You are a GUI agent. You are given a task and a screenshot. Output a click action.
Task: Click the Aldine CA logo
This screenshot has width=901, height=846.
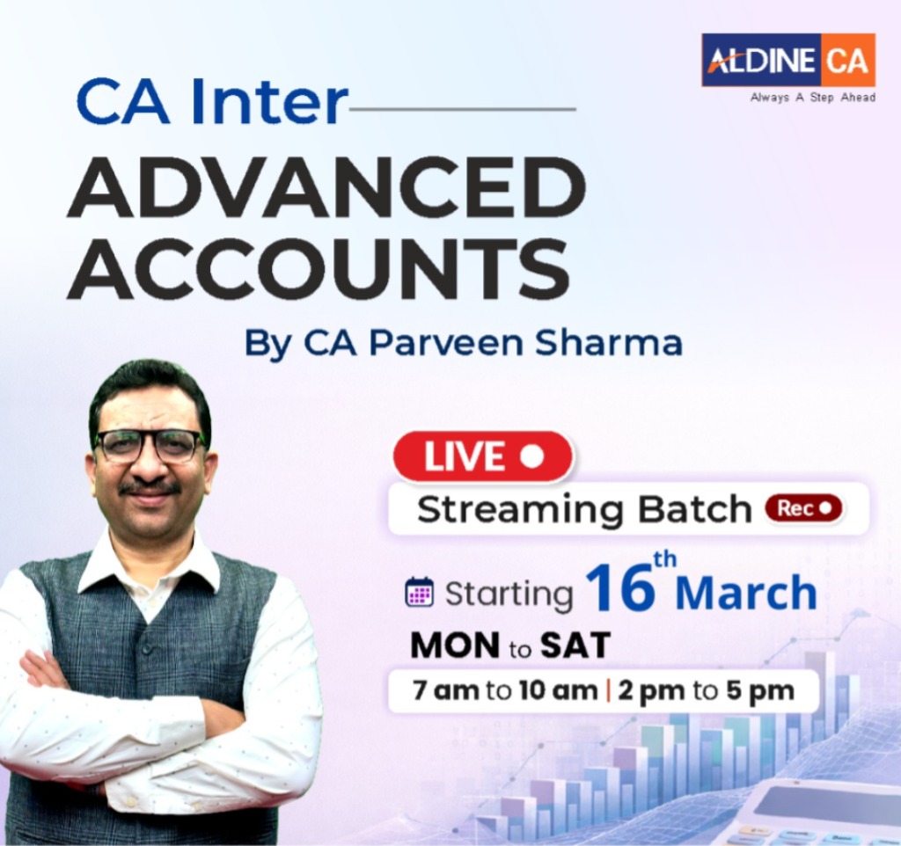787,60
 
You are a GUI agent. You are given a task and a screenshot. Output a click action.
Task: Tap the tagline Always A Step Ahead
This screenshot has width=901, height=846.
812,98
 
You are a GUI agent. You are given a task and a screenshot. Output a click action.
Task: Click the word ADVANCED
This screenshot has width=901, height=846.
326,189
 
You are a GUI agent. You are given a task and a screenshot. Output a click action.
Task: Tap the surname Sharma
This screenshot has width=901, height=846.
621,342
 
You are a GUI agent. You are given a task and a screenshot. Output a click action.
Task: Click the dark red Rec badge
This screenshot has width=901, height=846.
803,508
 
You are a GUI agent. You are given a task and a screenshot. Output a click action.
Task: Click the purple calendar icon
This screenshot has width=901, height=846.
419,593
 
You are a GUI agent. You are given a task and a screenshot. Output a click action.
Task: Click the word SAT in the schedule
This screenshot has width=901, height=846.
575,647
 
